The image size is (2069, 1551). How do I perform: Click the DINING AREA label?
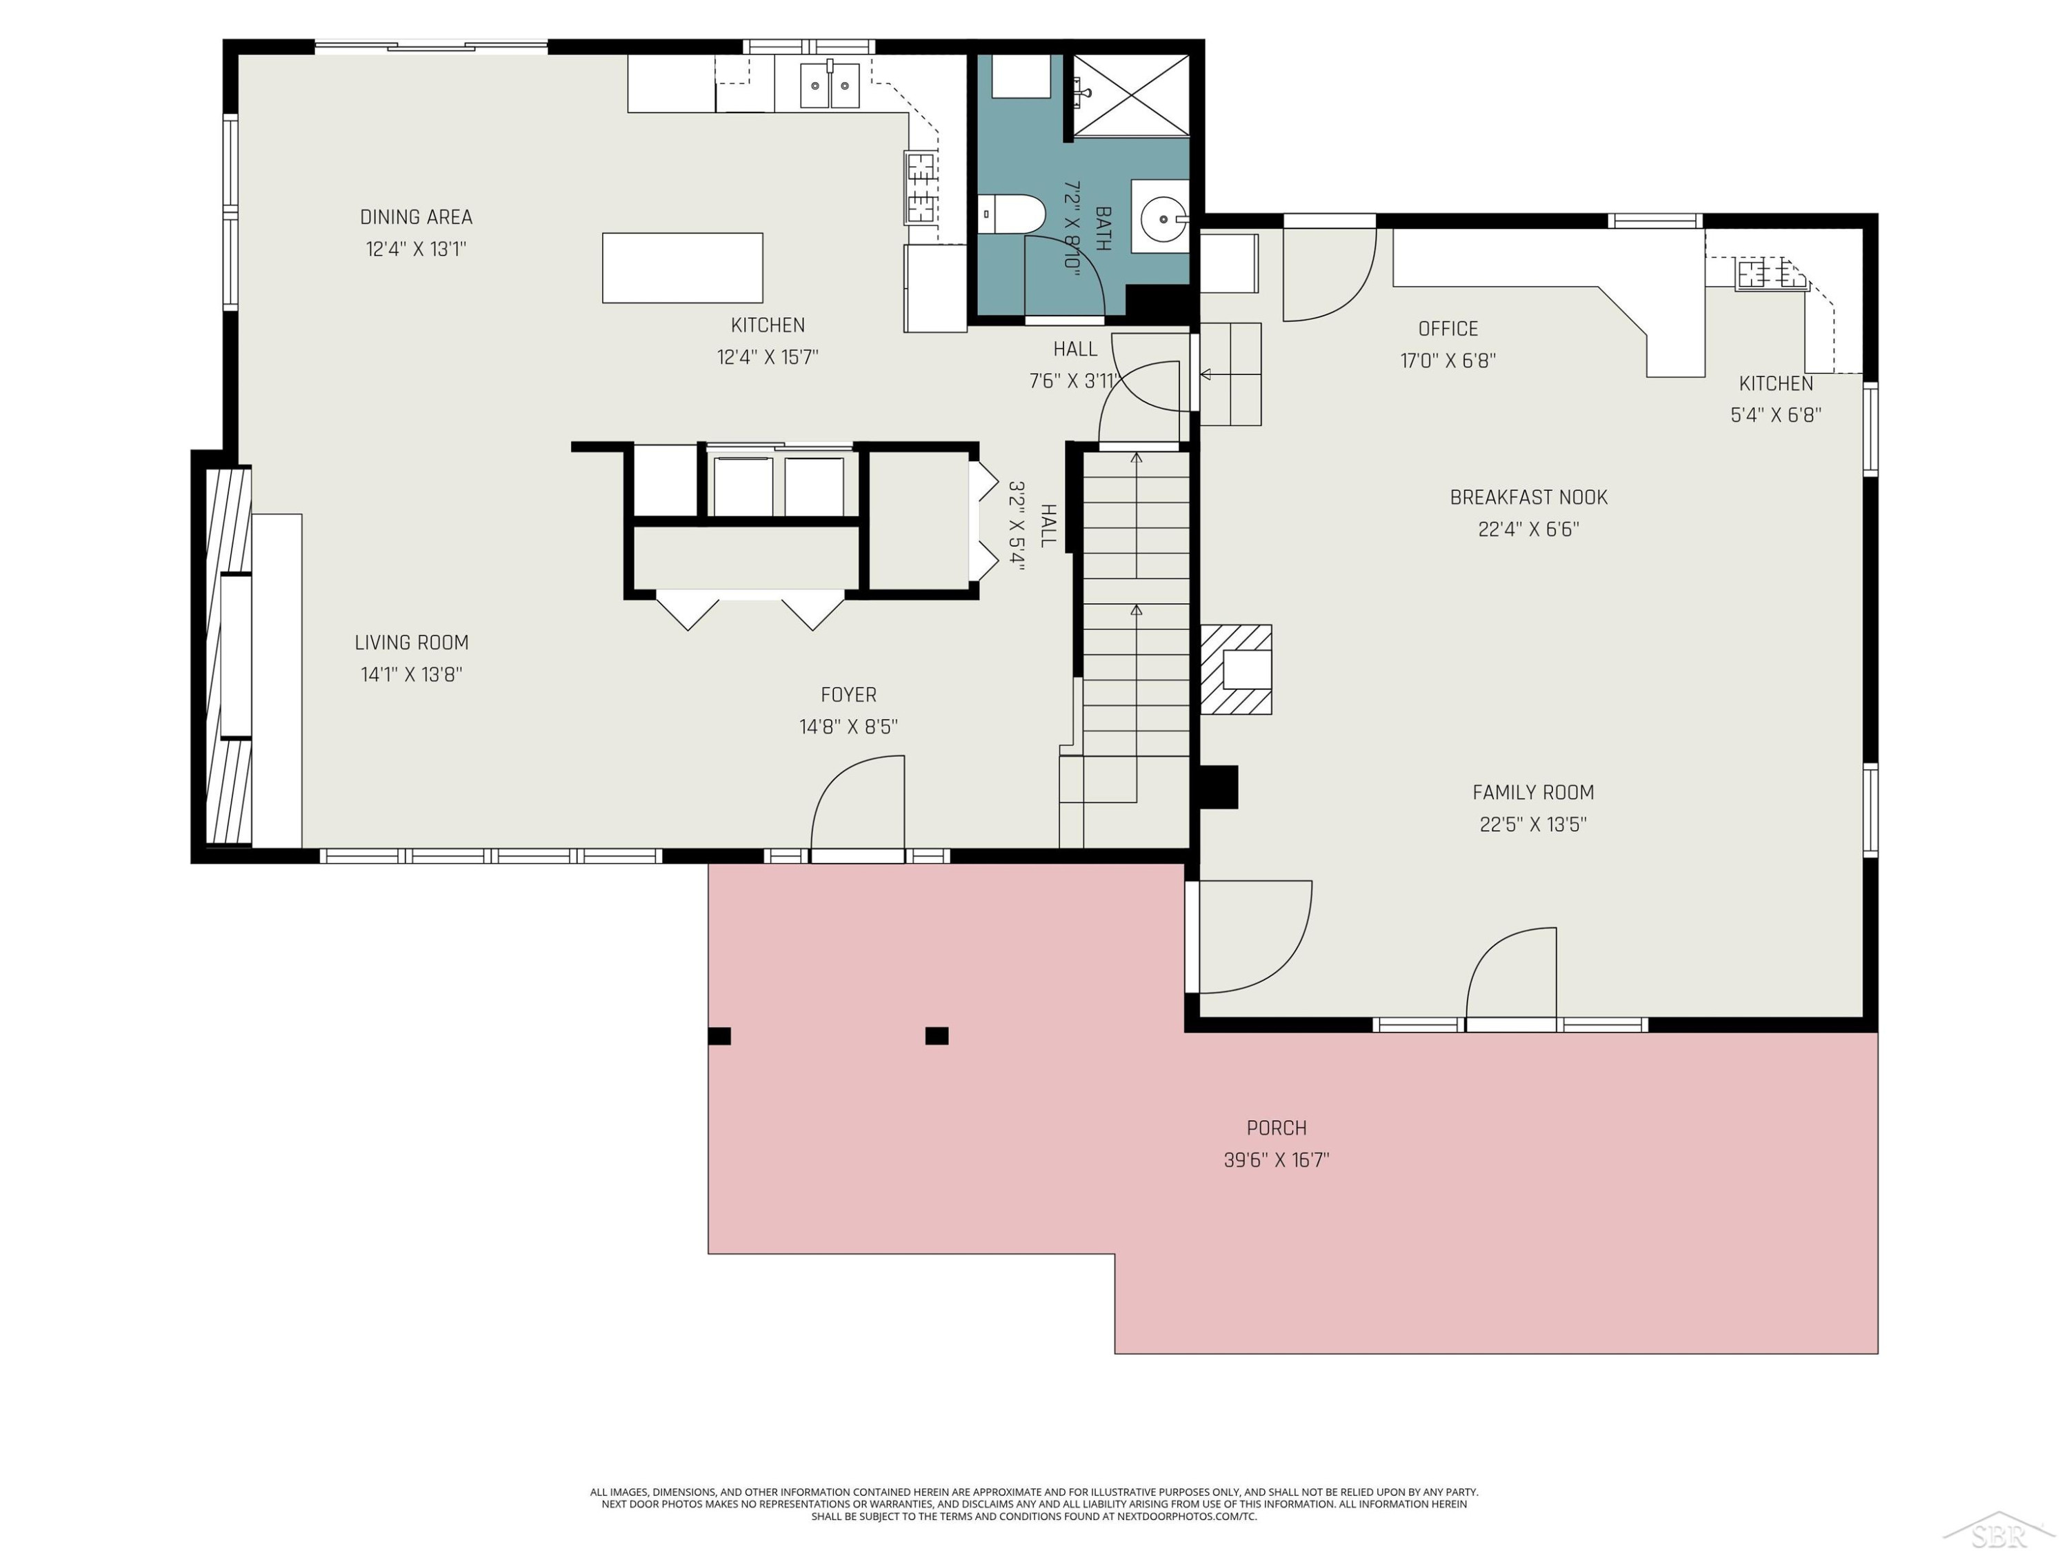click(417, 217)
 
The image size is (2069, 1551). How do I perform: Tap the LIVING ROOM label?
click(412, 642)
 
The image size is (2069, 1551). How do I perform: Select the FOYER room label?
click(848, 695)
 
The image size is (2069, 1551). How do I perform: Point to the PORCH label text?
click(1277, 1128)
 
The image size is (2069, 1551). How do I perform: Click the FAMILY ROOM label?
click(1533, 792)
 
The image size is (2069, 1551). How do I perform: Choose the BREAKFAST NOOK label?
click(1528, 498)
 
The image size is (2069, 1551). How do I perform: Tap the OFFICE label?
click(1448, 328)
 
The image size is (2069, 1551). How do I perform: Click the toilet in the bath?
click(1011, 214)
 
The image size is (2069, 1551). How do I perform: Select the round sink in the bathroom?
click(1163, 219)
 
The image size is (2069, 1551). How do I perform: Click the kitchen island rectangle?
click(683, 268)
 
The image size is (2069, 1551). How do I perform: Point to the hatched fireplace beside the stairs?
click(1236, 669)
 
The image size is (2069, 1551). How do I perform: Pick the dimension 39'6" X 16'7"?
click(1277, 1160)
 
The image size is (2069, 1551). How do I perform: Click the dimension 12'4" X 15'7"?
click(768, 357)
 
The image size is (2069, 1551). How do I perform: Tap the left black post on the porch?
click(719, 1036)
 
